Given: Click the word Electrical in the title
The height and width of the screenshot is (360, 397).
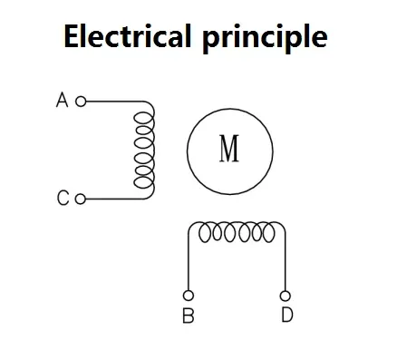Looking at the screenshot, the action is [x=128, y=35].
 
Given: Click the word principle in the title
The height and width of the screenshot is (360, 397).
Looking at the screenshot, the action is [x=265, y=38].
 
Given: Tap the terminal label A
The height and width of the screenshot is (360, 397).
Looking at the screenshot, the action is [x=62, y=101].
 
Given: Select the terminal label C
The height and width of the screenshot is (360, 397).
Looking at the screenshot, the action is [x=63, y=199].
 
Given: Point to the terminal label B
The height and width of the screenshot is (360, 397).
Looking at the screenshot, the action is [x=189, y=316].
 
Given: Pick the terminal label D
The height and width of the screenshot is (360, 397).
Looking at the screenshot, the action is [x=287, y=315].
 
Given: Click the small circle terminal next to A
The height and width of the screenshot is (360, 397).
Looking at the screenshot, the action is [x=81, y=102].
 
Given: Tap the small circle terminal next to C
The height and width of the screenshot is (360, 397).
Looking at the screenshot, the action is [x=81, y=199].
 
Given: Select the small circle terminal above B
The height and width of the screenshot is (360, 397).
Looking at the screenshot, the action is [x=189, y=296].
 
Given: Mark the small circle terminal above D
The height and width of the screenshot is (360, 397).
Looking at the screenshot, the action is [x=286, y=296].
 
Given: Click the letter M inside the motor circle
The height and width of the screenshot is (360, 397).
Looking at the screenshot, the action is [x=229, y=149].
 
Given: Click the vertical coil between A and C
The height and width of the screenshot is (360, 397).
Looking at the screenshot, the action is [x=144, y=150].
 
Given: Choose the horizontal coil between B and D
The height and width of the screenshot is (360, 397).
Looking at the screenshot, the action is [x=237, y=232].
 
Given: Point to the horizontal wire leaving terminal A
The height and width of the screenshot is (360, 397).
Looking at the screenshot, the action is [x=115, y=102].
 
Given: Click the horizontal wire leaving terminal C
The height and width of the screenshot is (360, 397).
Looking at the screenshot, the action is [x=115, y=199].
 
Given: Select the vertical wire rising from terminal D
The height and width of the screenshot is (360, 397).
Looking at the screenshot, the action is [x=286, y=261].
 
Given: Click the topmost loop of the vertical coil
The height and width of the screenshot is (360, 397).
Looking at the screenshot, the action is [x=144, y=118].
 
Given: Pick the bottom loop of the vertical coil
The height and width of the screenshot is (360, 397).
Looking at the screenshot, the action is [x=144, y=182].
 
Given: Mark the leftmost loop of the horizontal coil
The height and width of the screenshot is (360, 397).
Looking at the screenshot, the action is [x=204, y=233].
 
